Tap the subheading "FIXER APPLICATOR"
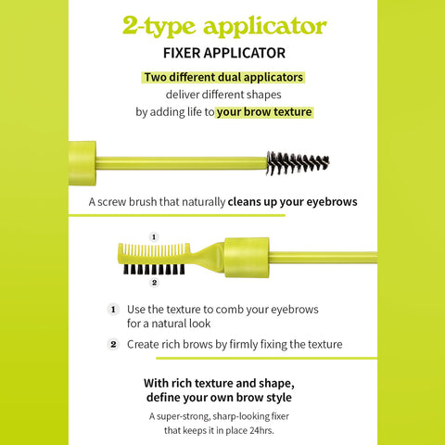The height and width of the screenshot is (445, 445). point(223,53)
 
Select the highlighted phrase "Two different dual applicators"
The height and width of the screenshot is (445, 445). point(223,77)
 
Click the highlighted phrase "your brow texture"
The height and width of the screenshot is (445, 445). point(264,112)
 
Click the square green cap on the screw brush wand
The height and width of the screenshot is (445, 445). point(82,163)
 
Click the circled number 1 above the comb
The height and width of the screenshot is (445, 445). point(154,236)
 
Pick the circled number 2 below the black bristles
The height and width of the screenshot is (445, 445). point(154,282)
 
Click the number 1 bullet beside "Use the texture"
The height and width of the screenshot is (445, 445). point(113,309)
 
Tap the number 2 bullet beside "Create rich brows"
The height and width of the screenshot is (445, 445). point(113,344)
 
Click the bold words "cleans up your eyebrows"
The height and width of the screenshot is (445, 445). point(293,201)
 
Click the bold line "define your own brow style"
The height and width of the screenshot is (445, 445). point(223,398)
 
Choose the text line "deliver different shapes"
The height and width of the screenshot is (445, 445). point(223,95)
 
